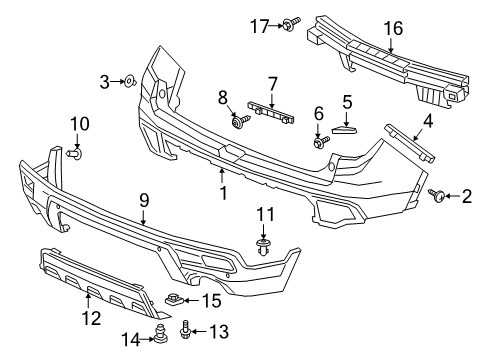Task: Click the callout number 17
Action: [260, 26]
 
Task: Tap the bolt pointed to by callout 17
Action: [291, 24]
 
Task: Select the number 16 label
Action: [393, 28]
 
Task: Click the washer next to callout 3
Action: [130, 81]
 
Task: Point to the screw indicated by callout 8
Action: [241, 121]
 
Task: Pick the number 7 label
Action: [273, 84]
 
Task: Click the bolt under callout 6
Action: [321, 142]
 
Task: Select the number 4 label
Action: [428, 121]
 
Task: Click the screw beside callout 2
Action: [437, 195]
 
